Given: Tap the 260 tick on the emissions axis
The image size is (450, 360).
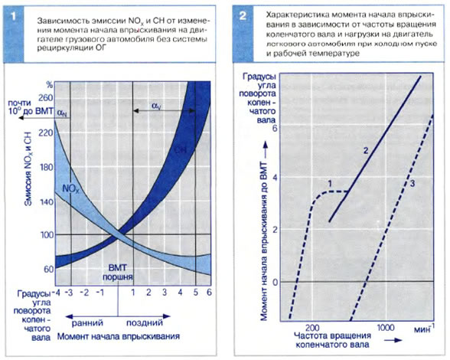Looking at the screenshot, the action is [46, 98].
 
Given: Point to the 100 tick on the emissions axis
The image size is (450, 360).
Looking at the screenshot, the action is [47, 234].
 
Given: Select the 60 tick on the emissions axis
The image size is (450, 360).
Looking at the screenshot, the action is [49, 269].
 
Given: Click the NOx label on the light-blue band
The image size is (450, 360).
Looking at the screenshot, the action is [71, 189].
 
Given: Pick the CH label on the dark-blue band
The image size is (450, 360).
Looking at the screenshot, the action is [181, 149].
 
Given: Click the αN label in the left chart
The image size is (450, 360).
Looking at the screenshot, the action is [62, 113].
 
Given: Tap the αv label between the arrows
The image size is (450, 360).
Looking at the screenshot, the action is [156, 106].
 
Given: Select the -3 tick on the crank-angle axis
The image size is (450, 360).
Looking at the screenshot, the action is [69, 293].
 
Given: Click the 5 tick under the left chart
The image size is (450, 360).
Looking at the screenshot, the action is [195, 293].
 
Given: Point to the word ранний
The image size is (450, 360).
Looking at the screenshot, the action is [87, 322].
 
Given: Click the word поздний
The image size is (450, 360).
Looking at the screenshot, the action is [145, 322].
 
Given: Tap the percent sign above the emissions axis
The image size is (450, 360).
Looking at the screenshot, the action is [50, 85].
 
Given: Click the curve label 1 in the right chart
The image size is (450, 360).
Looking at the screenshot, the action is [330, 183].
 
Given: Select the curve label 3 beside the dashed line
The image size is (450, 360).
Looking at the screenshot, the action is [412, 183].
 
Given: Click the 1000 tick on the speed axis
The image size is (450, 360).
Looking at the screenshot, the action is [386, 328].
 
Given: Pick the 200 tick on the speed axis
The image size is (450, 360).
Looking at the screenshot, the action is [312, 328].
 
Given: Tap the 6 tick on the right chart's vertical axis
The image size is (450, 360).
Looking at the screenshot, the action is [275, 128].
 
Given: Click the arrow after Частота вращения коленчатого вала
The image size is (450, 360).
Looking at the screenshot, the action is [393, 340].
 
